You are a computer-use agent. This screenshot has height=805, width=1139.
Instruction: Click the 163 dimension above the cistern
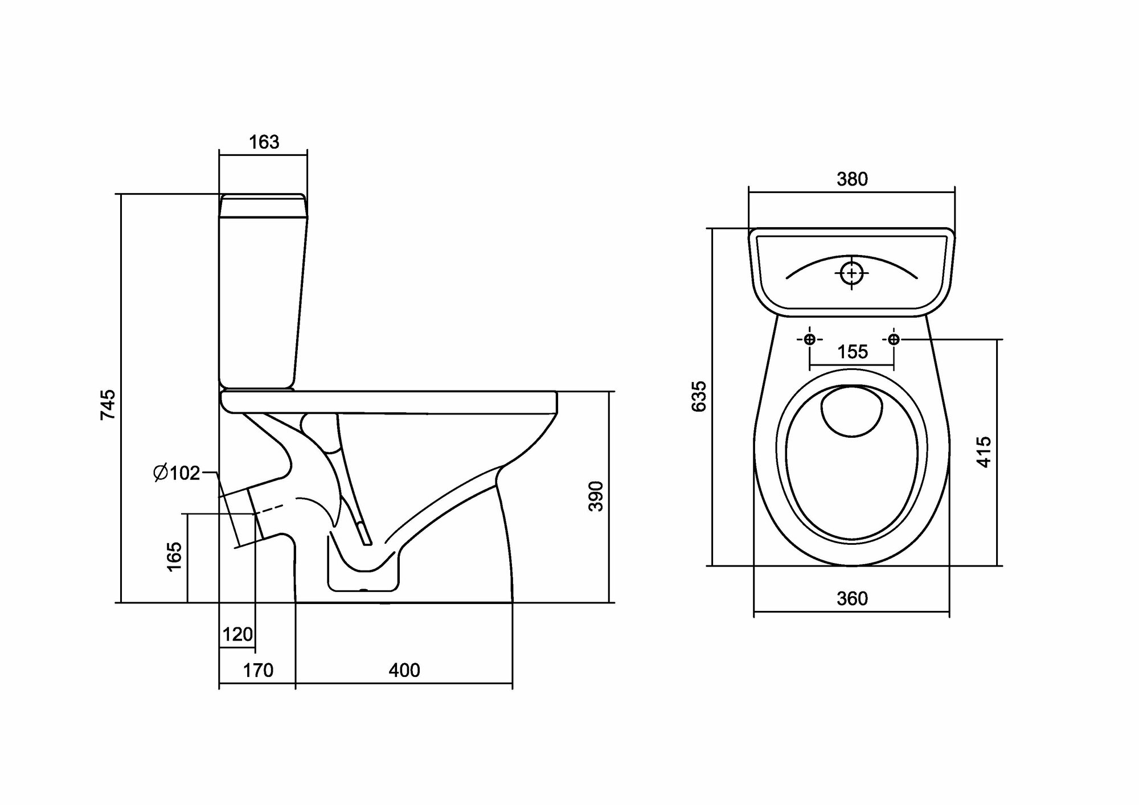point(264,142)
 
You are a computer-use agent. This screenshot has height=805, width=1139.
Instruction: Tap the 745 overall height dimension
point(108,404)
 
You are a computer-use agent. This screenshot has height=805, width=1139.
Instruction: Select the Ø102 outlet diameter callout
point(177,473)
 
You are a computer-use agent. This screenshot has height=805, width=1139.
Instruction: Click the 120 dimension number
point(237,634)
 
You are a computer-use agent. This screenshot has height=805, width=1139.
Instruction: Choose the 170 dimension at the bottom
point(258,670)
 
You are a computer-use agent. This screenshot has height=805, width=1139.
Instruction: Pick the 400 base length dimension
point(404,670)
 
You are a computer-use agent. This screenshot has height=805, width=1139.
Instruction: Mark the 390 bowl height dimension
point(596,496)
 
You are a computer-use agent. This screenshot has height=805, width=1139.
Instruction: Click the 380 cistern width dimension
point(852,179)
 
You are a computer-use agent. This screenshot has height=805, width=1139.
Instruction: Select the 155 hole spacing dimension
point(852,352)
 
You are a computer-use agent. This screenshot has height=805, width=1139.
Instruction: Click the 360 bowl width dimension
point(852,598)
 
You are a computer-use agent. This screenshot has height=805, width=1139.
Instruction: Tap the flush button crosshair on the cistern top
point(852,274)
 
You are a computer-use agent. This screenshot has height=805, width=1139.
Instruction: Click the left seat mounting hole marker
point(809,340)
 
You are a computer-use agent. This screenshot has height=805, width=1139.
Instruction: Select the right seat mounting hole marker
point(894,340)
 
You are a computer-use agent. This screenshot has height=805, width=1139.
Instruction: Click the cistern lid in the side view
point(263,206)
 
